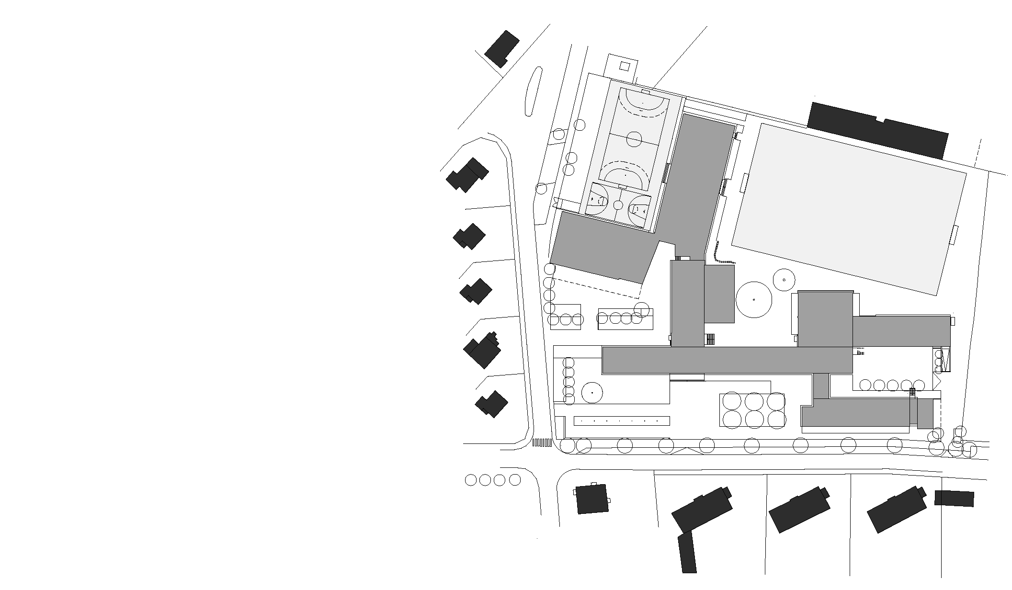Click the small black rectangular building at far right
click(954, 498)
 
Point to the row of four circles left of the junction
click(492, 479)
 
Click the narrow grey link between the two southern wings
click(821, 386)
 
